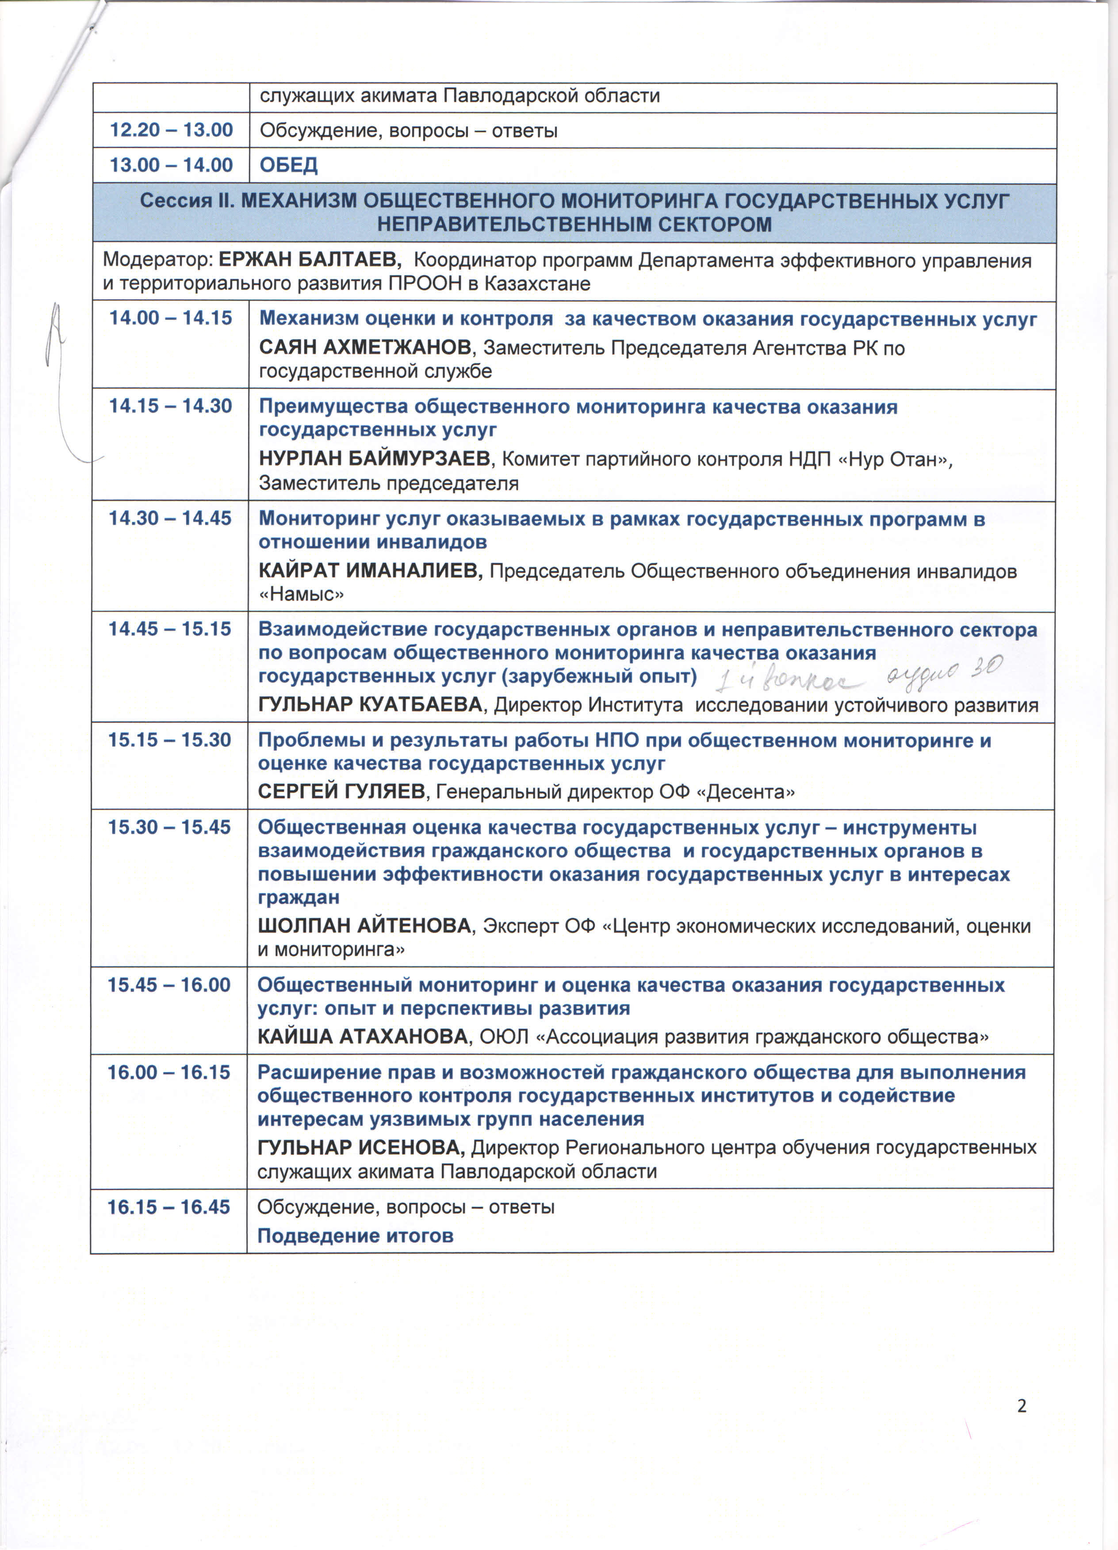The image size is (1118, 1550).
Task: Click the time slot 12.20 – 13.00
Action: click(171, 130)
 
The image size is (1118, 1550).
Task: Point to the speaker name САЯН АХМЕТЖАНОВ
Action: click(365, 348)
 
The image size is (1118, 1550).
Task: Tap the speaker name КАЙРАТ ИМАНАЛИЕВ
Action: click(370, 571)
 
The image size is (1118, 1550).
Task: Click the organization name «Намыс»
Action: click(301, 594)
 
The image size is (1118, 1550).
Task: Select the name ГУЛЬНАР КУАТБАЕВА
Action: click(370, 705)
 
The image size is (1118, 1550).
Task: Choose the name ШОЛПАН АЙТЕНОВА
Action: click(364, 926)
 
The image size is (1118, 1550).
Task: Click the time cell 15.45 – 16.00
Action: click(169, 985)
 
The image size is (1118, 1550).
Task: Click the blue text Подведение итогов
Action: click(355, 1236)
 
